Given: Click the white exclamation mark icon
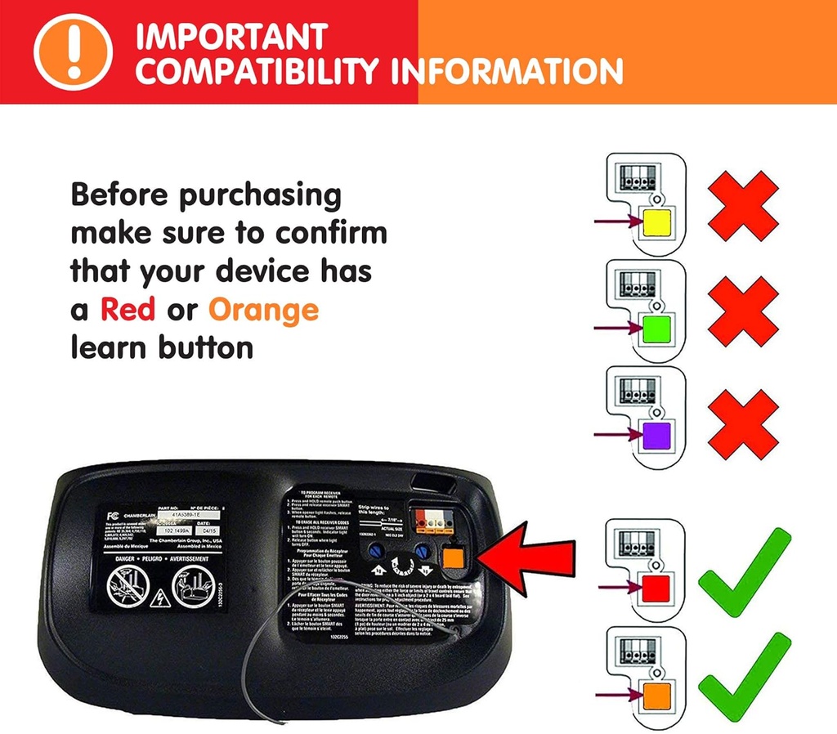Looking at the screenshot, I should [x=72, y=51].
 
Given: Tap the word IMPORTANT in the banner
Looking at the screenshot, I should [x=231, y=37].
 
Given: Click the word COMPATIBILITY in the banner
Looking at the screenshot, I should [x=261, y=72].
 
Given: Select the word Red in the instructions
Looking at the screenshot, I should [x=128, y=310].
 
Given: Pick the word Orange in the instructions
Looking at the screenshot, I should [x=263, y=310].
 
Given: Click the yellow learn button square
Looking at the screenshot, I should [x=658, y=222].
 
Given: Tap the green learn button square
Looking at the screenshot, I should [x=658, y=329].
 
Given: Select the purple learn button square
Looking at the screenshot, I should [x=658, y=435].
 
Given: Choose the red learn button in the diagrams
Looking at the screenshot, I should [x=658, y=588].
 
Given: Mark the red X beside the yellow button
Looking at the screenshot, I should [x=742, y=205].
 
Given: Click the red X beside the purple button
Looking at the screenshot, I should [x=742, y=423].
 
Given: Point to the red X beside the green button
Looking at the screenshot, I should [x=742, y=311].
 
